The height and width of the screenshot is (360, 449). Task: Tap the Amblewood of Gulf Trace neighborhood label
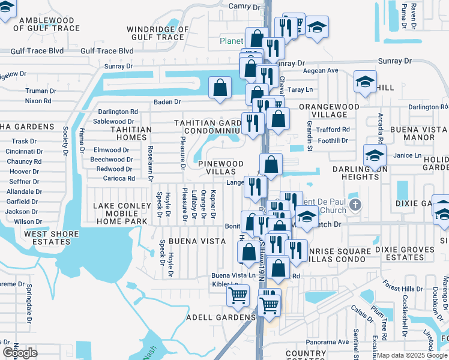(x=41, y=24)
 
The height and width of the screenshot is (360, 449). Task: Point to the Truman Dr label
(x=40, y=91)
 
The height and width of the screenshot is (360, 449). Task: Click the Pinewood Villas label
(x=220, y=167)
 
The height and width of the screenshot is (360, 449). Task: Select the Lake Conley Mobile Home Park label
(x=120, y=214)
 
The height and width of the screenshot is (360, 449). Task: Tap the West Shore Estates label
(x=51, y=238)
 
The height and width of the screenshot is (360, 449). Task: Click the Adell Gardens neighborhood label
(x=220, y=317)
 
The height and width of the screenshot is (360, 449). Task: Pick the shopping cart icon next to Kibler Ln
(x=238, y=295)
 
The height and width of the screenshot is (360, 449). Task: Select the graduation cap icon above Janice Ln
(x=374, y=155)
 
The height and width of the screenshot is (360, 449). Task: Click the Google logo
(x=20, y=352)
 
